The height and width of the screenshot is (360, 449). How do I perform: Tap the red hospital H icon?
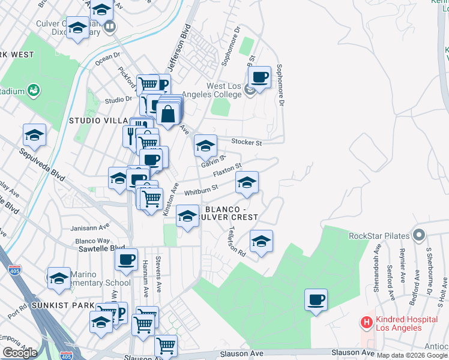366,322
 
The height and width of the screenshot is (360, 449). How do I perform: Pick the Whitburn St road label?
200,191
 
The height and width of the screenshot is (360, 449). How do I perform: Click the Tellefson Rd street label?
238,242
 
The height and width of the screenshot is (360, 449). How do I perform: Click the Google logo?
20,353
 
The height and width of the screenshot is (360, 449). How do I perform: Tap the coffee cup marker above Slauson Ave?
316,299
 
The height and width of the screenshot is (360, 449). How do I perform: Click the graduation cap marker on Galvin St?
205,145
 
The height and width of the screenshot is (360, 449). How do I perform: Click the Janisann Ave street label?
89,228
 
